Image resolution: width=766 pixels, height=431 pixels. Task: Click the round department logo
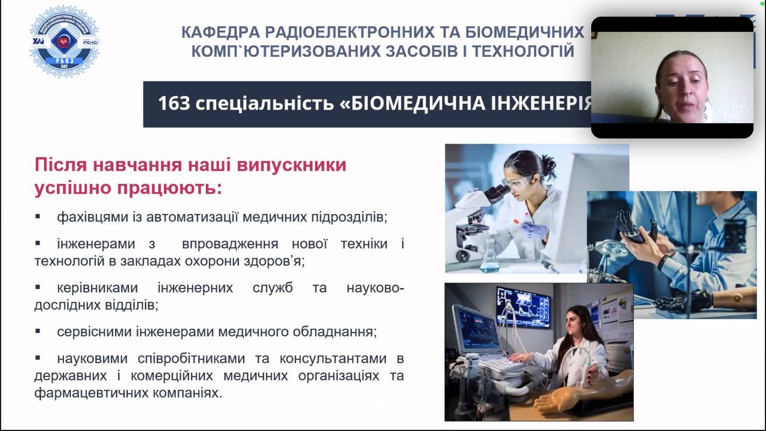tap(64, 41)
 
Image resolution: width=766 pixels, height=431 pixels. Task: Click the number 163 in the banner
tap(174, 103)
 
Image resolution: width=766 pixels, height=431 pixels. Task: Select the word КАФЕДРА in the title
tap(221, 32)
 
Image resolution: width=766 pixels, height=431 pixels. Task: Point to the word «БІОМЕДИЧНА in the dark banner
tap(412, 104)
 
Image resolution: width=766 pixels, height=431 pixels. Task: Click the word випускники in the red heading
tap(291, 165)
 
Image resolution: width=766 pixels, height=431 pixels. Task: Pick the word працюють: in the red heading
tap(169, 188)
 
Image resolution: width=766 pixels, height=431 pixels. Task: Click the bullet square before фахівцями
tap(38, 216)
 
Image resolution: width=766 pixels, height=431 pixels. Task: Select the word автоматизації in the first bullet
tap(192, 217)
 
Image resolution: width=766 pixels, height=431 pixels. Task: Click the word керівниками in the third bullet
tap(98, 288)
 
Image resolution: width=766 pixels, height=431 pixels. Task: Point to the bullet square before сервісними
tap(38, 331)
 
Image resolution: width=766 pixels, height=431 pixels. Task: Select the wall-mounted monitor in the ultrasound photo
tap(523, 306)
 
